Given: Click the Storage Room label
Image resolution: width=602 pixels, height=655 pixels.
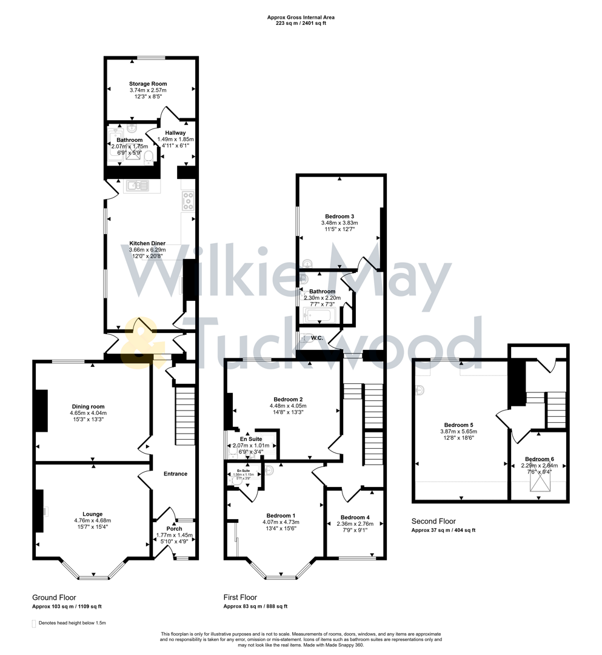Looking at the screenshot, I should tap(147, 84).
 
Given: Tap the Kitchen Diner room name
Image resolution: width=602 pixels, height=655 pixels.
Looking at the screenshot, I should tap(147, 243).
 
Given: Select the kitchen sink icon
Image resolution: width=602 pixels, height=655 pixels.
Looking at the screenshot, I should tap(137, 186).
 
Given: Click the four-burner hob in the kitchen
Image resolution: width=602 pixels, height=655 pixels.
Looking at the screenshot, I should tap(189, 201).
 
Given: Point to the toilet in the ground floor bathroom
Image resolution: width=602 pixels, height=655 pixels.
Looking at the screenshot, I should tap(149, 158).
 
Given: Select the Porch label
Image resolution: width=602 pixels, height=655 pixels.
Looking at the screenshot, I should tap(174, 529).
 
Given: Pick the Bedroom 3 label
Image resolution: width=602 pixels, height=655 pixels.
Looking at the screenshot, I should tap(339, 217).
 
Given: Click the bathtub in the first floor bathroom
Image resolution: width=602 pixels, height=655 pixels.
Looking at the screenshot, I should tap(319, 315).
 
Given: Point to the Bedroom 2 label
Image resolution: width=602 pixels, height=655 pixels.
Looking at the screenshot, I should tap(288, 399).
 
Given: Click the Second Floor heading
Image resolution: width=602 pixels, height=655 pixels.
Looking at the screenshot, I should tap(433, 521).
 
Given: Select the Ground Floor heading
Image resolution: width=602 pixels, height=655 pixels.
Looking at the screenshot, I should tap(54, 597).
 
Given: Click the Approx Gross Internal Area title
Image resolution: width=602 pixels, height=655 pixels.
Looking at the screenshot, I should tap(301, 18).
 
